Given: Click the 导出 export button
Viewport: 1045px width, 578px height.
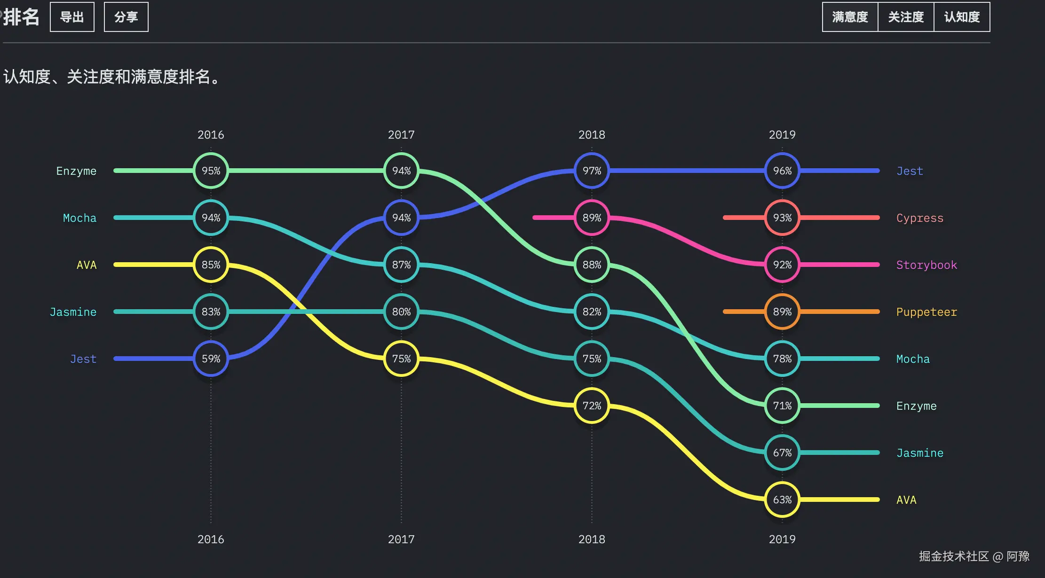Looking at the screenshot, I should [x=72, y=17].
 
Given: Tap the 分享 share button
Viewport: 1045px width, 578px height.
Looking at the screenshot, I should [x=126, y=17].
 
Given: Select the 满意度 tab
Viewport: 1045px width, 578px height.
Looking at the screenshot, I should [x=850, y=17].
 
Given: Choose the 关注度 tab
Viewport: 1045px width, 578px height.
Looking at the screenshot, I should [x=906, y=17].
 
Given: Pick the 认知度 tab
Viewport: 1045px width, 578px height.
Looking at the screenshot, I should [x=962, y=17].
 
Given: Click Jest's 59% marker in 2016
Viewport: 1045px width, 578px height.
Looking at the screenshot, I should [x=211, y=359].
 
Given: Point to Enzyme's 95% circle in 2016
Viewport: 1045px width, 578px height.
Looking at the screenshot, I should [x=211, y=171].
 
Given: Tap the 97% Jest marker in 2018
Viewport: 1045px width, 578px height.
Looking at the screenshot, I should [x=592, y=171].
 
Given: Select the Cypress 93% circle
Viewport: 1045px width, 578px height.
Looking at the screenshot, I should [x=782, y=218].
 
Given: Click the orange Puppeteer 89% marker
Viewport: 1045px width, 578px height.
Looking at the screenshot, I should [x=782, y=312].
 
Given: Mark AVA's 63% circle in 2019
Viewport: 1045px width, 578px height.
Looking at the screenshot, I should [x=782, y=500].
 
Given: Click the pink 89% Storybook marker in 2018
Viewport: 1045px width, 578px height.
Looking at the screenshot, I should [x=592, y=218].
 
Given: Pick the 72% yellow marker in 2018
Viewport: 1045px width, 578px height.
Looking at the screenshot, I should [x=592, y=406].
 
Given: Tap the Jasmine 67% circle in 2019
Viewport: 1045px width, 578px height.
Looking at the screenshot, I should [x=782, y=453].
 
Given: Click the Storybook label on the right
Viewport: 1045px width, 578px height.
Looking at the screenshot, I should [x=926, y=265].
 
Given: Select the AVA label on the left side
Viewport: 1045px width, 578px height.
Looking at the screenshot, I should [x=87, y=265].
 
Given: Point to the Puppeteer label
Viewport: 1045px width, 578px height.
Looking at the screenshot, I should [x=926, y=312].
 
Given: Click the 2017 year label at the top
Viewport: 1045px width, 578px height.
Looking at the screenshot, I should [x=401, y=135].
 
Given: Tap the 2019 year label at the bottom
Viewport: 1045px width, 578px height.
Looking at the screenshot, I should [x=782, y=539].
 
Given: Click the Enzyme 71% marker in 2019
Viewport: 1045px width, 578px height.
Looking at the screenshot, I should [x=782, y=406].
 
